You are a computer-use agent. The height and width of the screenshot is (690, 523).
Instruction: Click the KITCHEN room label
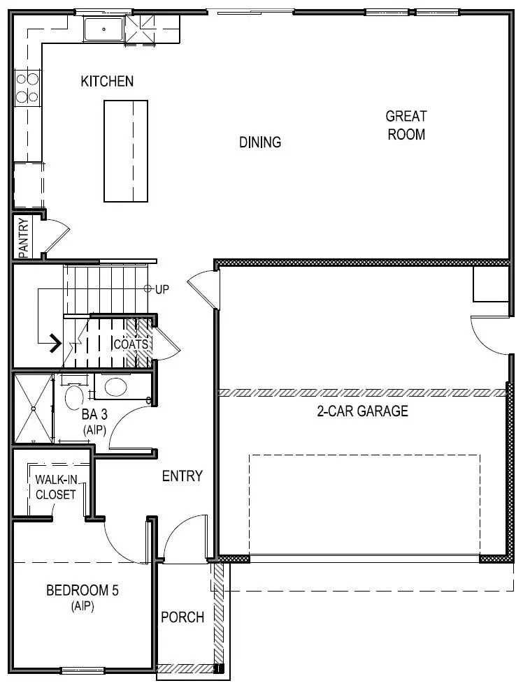[x=107, y=82]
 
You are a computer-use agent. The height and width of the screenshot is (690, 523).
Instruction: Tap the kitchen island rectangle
[x=126, y=151]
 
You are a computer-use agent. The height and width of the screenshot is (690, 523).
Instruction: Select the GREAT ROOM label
[x=406, y=125]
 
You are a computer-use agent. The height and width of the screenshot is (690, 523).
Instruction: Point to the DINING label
[x=260, y=142]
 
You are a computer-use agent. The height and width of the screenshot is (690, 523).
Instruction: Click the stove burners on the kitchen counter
[x=27, y=88]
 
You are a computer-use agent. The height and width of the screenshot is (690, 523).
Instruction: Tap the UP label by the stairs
[x=162, y=289]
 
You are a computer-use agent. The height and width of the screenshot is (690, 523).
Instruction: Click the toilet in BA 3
[x=73, y=397]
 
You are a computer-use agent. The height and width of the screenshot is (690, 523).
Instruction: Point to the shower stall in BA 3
[x=33, y=409]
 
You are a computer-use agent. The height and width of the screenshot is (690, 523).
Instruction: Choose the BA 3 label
[x=94, y=419]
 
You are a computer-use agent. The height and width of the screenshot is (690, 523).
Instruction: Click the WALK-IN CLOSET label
[x=55, y=487]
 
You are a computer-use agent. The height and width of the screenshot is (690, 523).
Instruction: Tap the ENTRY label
[x=182, y=476]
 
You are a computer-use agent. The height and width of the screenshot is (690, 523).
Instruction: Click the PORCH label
[x=182, y=617]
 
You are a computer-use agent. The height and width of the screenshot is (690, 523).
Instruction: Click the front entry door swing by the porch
[x=185, y=538]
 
